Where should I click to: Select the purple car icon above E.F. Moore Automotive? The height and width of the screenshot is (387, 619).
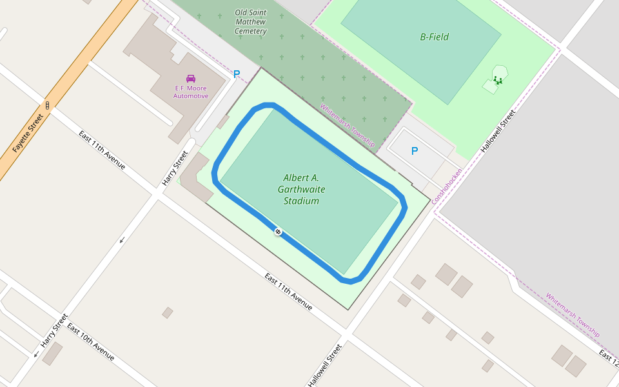[x=191, y=78]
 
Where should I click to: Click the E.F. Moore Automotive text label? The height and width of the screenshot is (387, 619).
[x=191, y=92]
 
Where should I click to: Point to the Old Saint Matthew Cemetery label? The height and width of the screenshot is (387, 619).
[x=250, y=22]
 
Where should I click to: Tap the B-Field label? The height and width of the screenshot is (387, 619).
[x=434, y=37]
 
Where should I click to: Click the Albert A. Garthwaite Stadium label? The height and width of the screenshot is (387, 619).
[x=301, y=189]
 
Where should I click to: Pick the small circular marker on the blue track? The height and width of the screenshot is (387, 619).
[x=278, y=232]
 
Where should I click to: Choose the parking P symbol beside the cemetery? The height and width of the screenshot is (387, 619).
[x=236, y=74]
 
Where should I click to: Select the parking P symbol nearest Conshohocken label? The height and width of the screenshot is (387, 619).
[x=414, y=151]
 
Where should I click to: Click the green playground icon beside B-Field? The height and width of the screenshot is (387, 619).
[x=497, y=80]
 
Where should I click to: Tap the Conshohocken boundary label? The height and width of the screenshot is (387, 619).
[x=447, y=186]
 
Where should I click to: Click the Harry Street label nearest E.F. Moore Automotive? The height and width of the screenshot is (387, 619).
[x=175, y=168]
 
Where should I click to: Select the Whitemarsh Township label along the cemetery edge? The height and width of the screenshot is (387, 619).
[x=348, y=126]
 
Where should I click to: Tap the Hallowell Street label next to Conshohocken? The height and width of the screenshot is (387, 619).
[x=498, y=132]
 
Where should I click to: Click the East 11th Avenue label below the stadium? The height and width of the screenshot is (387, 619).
[x=289, y=292]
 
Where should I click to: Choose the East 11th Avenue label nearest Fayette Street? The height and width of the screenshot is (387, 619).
[x=102, y=150]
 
